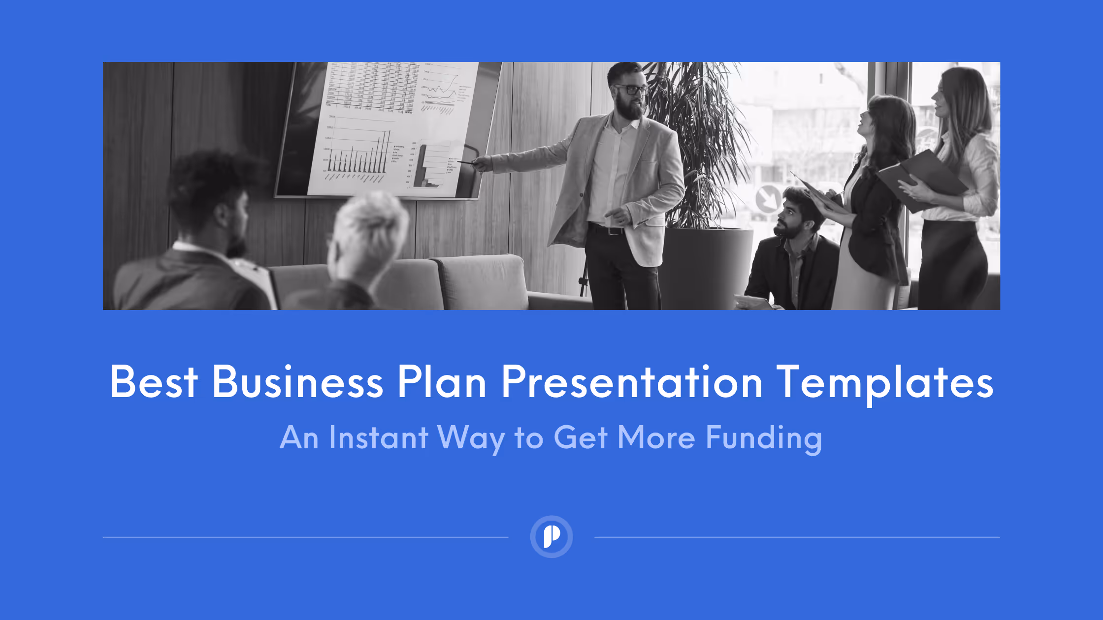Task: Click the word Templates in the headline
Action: (x=885, y=382)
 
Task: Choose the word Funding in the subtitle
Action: (x=764, y=438)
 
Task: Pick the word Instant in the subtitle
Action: (x=378, y=437)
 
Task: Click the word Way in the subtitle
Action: (x=471, y=438)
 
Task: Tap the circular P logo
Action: (x=551, y=536)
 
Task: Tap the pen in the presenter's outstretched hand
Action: (x=466, y=162)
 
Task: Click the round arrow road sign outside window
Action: (x=767, y=198)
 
